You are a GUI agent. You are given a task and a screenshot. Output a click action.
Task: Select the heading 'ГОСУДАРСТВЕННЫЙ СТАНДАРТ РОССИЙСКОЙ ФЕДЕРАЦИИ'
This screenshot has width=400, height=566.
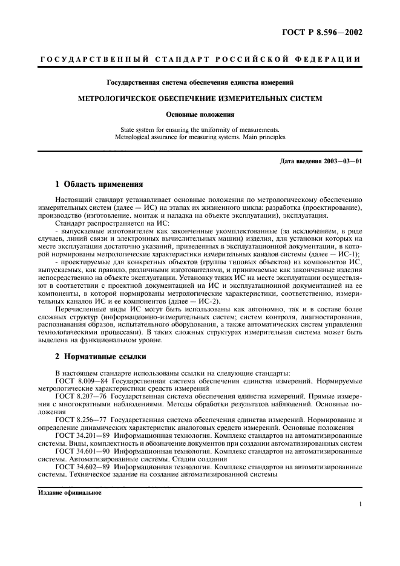[x=200, y=59]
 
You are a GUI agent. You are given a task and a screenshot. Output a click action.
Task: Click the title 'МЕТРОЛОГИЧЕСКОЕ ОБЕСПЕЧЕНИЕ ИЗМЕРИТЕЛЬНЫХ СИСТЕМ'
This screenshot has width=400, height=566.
[x=200, y=97]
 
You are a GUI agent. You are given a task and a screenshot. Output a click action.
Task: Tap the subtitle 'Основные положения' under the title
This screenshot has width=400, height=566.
[x=200, y=113]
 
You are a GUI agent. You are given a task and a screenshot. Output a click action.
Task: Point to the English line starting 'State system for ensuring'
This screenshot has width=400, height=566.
[x=200, y=129]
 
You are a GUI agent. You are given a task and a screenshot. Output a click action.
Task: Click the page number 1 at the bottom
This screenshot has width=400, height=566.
[x=360, y=505]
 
